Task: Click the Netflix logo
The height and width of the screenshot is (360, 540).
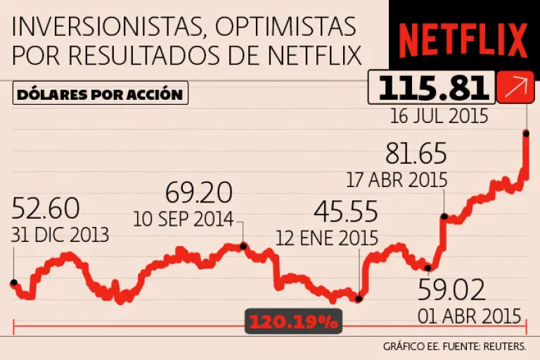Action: point(464,41)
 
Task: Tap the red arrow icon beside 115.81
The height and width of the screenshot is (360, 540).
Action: point(513,86)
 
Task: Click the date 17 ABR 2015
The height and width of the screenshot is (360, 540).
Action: point(397,179)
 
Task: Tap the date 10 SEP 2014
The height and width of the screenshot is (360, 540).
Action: point(184,219)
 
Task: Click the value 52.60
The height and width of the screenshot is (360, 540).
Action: point(46,209)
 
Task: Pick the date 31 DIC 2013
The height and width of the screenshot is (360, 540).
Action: point(60,234)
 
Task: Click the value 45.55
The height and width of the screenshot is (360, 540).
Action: point(345,212)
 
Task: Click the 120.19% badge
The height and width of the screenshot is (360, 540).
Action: point(292,323)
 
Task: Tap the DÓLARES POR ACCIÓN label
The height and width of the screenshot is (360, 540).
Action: point(99,94)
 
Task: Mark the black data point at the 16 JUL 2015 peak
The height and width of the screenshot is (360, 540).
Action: point(525,132)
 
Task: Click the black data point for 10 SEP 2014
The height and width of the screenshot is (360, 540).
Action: point(243,246)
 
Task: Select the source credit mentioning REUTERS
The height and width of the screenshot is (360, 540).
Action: point(460,347)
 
